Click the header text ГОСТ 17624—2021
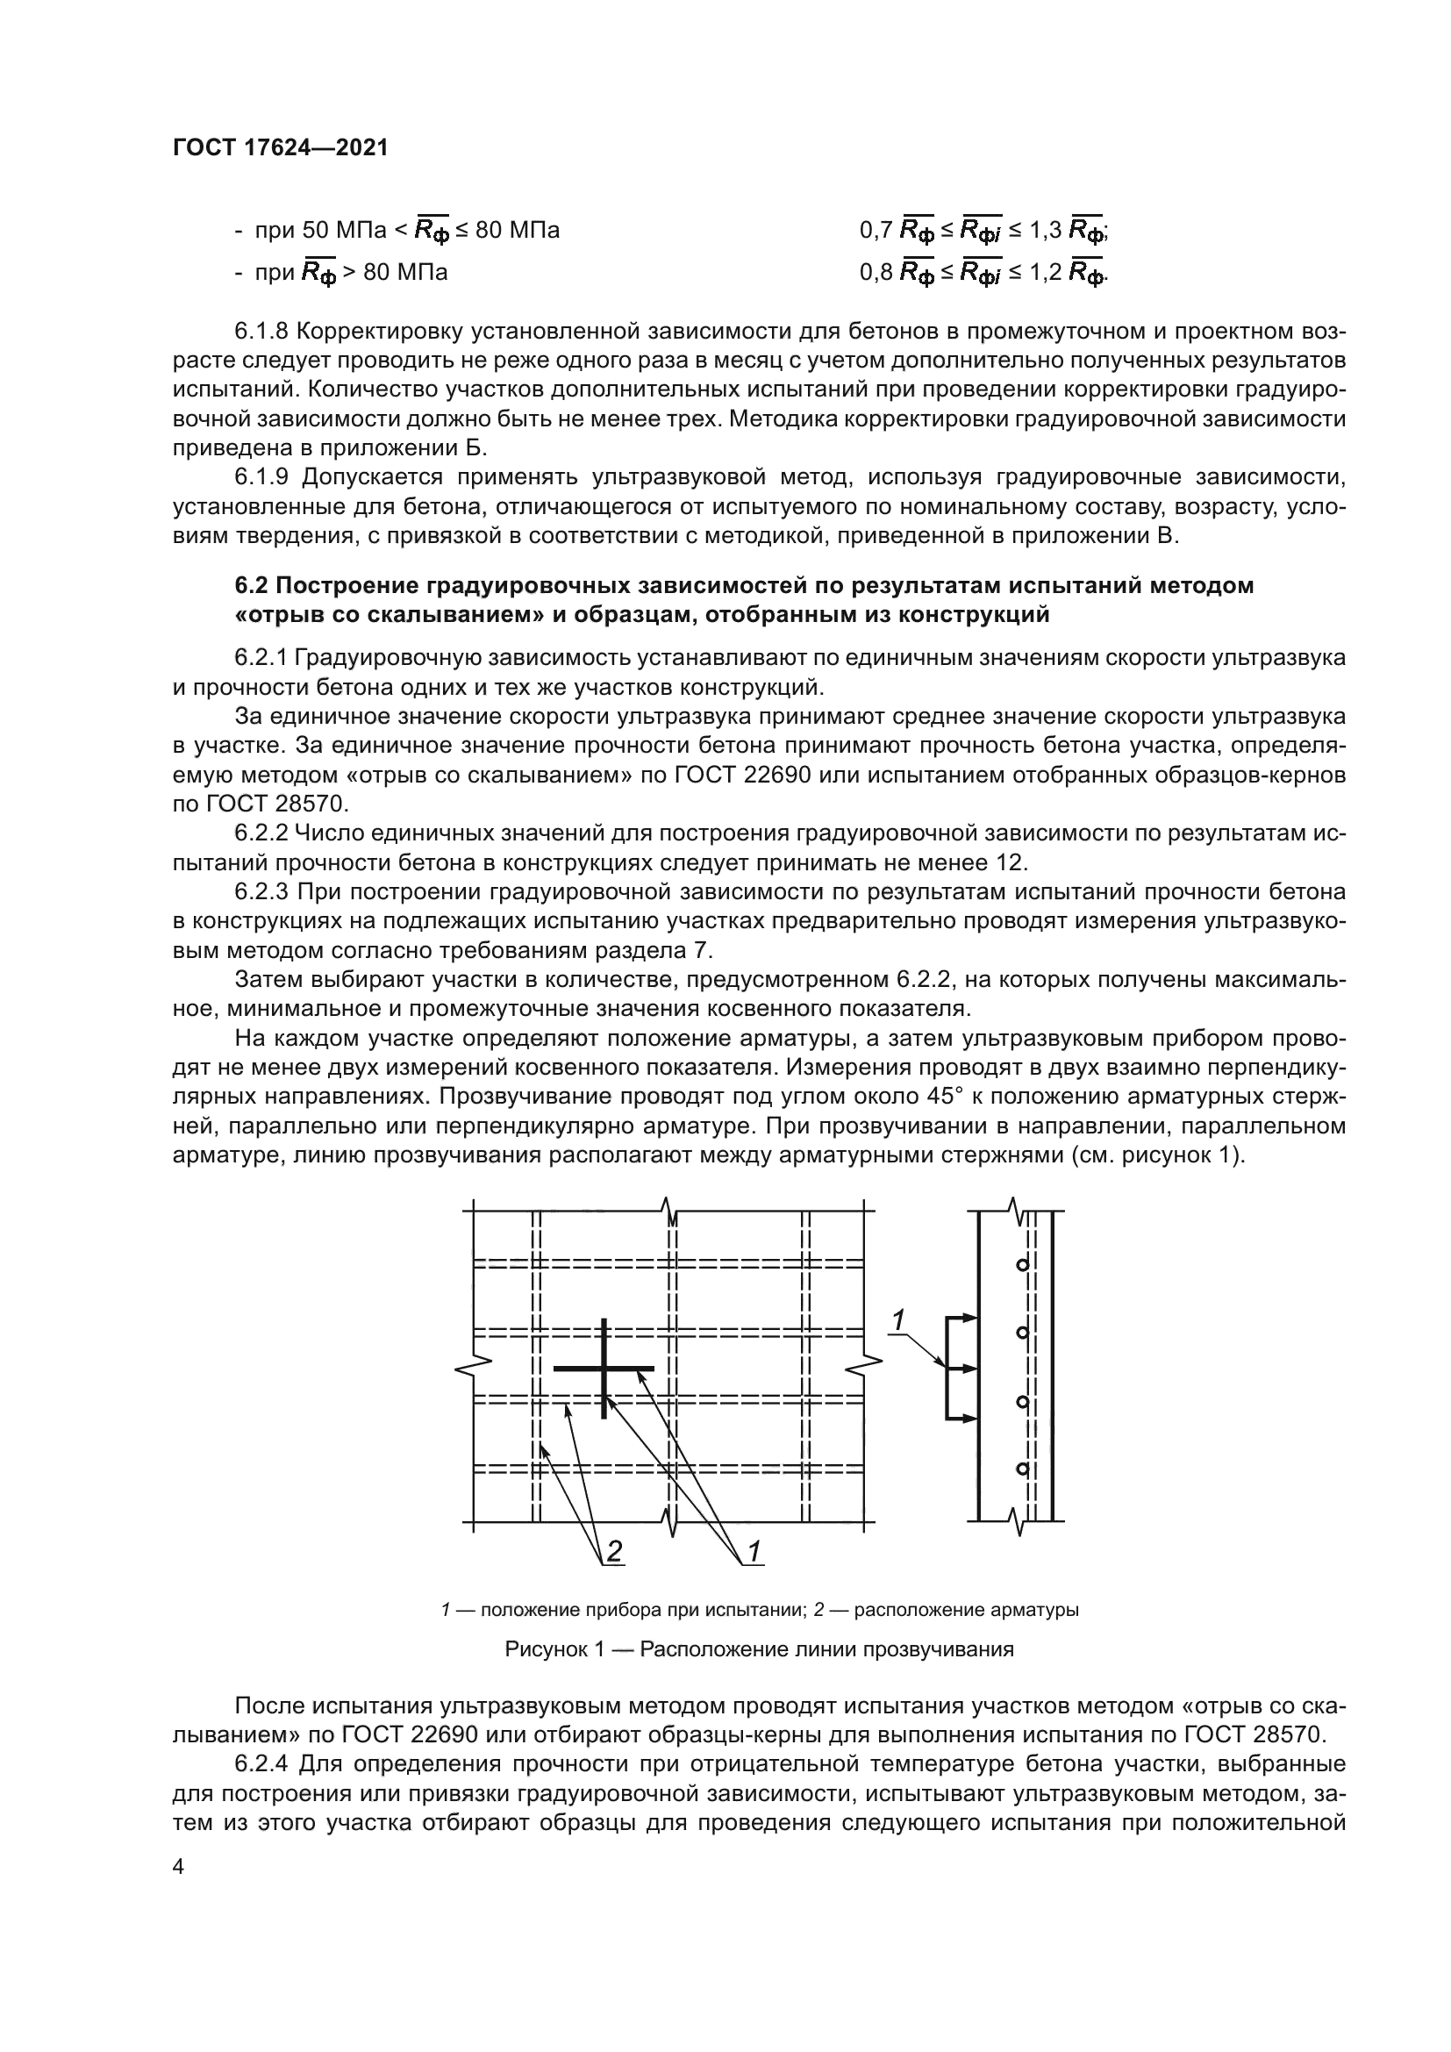(x=281, y=148)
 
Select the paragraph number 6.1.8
(x=261, y=332)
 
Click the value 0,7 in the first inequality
(x=876, y=232)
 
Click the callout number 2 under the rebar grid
(x=614, y=1553)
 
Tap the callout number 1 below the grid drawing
(x=754, y=1553)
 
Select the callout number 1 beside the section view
(x=899, y=1320)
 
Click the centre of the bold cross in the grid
(x=605, y=1369)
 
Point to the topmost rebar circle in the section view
(x=1022, y=1265)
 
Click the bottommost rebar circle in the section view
(x=1022, y=1469)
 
